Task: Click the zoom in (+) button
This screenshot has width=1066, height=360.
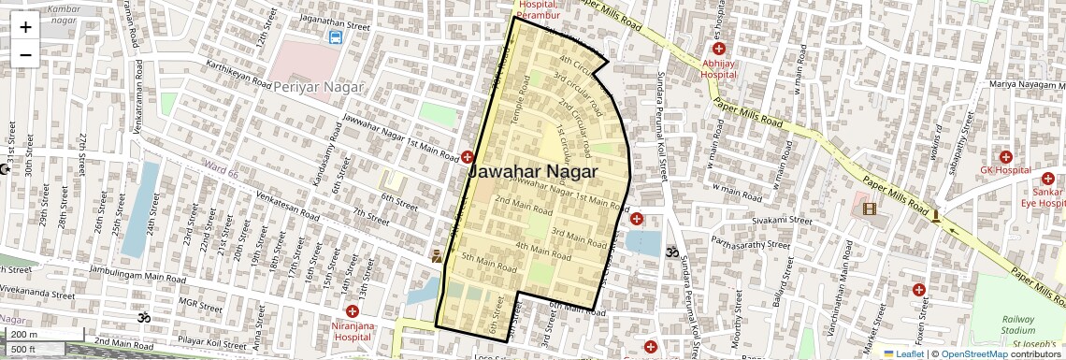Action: pyautogui.click(x=25, y=27)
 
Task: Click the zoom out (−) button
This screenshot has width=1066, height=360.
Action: pyautogui.click(x=25, y=54)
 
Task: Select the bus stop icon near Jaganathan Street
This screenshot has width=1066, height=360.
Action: pyautogui.click(x=335, y=37)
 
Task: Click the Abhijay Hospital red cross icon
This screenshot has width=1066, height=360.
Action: pyautogui.click(x=718, y=49)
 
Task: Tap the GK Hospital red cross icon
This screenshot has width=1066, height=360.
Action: pyautogui.click(x=1005, y=157)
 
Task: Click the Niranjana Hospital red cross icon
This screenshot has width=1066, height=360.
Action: pyautogui.click(x=353, y=311)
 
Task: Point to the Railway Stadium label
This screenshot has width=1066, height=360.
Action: pyautogui.click(x=1018, y=324)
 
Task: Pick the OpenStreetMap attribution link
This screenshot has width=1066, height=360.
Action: pyautogui.click(x=973, y=354)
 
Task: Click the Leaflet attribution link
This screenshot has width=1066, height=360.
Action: pyautogui.click(x=904, y=354)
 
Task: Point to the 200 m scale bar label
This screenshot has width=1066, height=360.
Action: pyautogui.click(x=24, y=335)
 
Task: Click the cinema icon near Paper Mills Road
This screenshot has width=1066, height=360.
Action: pyautogui.click(x=870, y=209)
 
